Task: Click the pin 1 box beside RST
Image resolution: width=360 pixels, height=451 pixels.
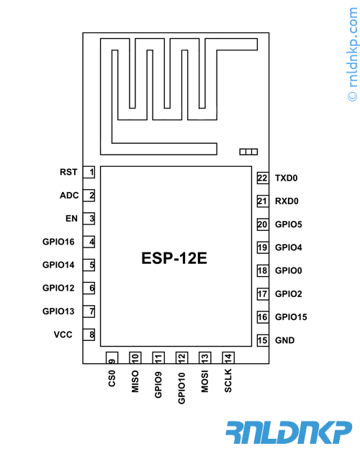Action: (x=89, y=172)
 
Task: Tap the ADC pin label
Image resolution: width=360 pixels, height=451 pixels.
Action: (x=69, y=196)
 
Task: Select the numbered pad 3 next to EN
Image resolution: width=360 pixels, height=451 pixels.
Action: (x=89, y=219)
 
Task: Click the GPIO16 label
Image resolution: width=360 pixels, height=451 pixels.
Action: (x=58, y=242)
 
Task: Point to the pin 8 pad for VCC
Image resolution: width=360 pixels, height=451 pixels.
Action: (x=89, y=334)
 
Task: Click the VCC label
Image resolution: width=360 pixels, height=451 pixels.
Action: (x=63, y=334)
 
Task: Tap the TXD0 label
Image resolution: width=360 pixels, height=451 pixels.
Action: (x=287, y=178)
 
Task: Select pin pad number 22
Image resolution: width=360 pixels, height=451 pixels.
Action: (x=263, y=178)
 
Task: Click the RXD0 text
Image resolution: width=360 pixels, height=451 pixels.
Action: (x=287, y=201)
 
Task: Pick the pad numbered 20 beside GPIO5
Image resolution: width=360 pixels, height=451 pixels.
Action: (x=263, y=224)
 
